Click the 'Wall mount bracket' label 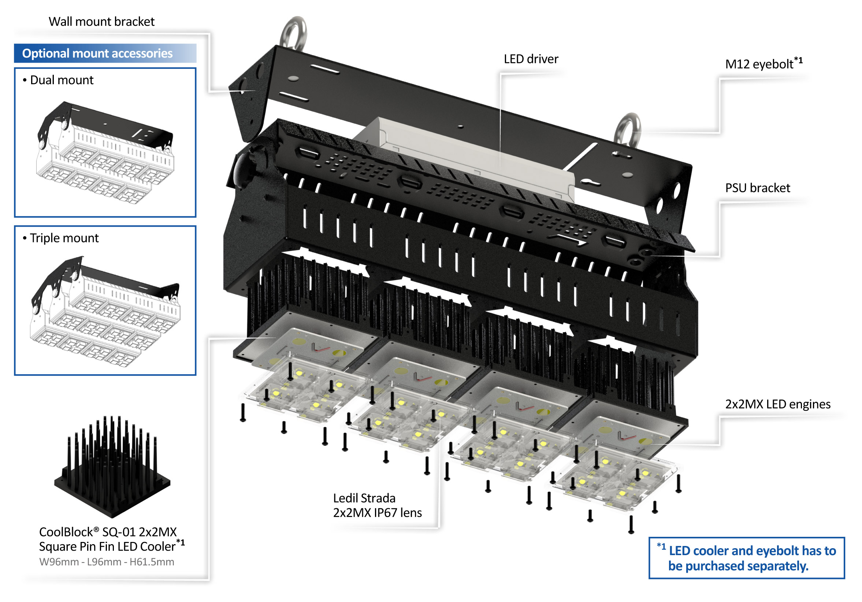click(101, 22)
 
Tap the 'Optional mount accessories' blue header click(97, 53)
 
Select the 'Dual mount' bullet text click(62, 80)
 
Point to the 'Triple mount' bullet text click(64, 238)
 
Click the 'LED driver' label click(531, 59)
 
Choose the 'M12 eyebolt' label click(759, 64)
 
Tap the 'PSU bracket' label click(757, 188)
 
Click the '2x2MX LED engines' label click(777, 404)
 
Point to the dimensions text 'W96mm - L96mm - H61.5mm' click(107, 562)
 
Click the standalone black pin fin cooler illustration click(112, 466)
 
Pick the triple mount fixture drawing click(105, 312)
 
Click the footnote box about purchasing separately click(746, 558)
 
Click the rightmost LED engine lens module click(616, 481)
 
